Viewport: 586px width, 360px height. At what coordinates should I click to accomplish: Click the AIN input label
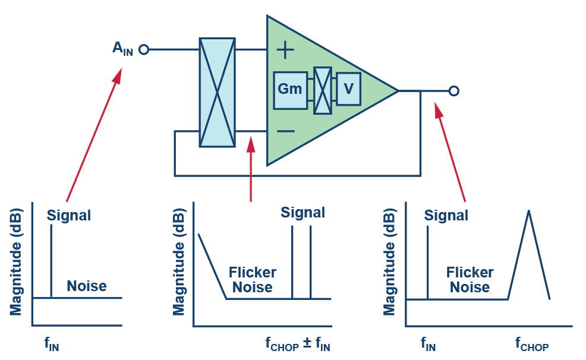[x=122, y=49]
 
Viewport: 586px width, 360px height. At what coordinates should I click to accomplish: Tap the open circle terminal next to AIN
[x=143, y=50]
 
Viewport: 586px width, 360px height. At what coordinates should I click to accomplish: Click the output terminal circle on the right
[x=454, y=91]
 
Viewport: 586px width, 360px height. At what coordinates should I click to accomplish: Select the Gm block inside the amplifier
[x=290, y=90]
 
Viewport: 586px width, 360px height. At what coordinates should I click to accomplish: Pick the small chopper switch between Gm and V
[x=322, y=90]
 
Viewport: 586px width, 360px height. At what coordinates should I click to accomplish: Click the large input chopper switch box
[x=217, y=92]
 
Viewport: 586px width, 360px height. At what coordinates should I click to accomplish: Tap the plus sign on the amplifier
[x=286, y=50]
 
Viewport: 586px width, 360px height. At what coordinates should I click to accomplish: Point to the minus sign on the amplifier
[x=286, y=131]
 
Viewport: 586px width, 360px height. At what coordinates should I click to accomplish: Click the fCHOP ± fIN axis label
[x=297, y=344]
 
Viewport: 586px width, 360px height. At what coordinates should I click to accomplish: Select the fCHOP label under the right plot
[x=531, y=344]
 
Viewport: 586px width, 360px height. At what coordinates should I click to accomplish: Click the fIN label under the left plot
[x=51, y=344]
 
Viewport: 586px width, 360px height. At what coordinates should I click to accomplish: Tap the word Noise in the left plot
[x=86, y=286]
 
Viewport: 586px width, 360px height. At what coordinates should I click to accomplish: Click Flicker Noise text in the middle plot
[x=252, y=280]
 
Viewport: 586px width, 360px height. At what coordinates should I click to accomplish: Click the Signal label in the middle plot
[x=303, y=213]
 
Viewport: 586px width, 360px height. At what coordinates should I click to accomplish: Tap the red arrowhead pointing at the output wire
[x=439, y=110]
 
